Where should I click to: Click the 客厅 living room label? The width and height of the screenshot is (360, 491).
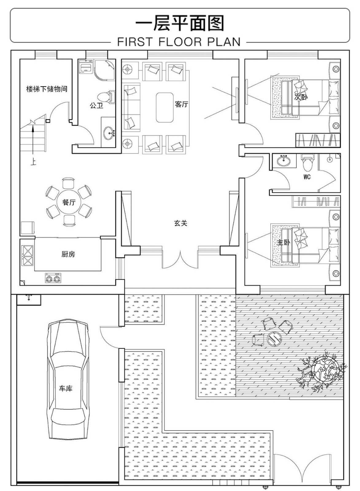181,104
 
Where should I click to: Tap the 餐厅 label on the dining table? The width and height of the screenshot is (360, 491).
69,202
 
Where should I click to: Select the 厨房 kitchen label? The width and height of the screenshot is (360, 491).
68,254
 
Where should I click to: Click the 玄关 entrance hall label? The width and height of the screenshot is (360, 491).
181,223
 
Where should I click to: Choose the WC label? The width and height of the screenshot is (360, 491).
307,177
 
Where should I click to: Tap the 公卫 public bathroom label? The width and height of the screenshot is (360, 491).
96,106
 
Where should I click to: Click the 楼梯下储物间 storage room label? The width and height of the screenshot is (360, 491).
47,89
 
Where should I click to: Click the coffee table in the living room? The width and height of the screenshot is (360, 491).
165,107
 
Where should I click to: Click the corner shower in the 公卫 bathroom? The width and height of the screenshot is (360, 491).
105,70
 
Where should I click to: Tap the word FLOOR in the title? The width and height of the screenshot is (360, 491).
180,42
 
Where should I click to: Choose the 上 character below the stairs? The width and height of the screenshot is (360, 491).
33,162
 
